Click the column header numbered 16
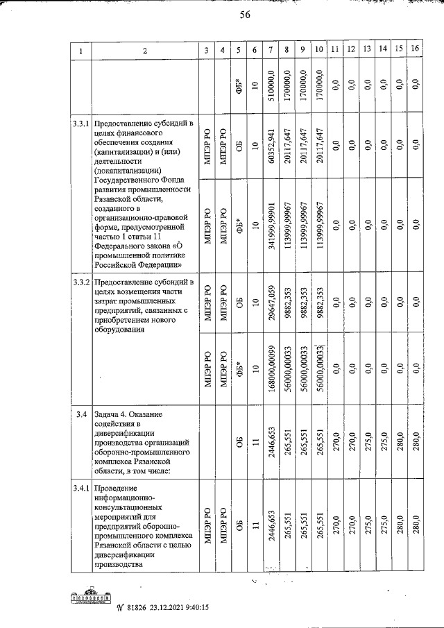click(x=414, y=50)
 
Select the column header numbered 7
click(x=269, y=50)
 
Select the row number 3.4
click(x=80, y=415)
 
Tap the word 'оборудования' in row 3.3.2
click(x=122, y=330)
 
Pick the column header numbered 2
click(x=145, y=50)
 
